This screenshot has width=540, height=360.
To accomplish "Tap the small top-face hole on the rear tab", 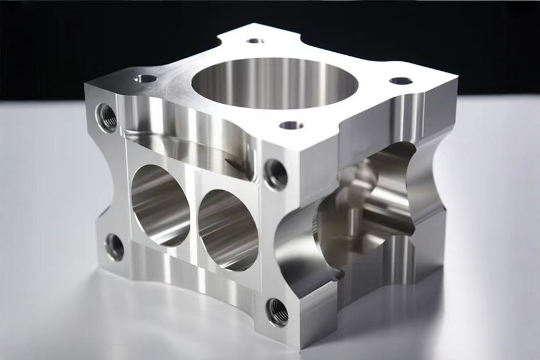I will [256, 41].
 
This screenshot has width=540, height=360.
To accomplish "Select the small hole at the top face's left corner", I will [145, 78].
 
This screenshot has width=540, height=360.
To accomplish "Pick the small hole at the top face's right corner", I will [400, 80].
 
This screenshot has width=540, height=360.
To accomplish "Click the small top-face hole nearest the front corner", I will [292, 125].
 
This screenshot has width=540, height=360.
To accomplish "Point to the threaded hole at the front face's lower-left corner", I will [114, 247].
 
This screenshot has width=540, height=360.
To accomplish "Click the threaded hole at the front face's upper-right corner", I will [275, 173].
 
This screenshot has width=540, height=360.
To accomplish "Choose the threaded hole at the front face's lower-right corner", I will [277, 311].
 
